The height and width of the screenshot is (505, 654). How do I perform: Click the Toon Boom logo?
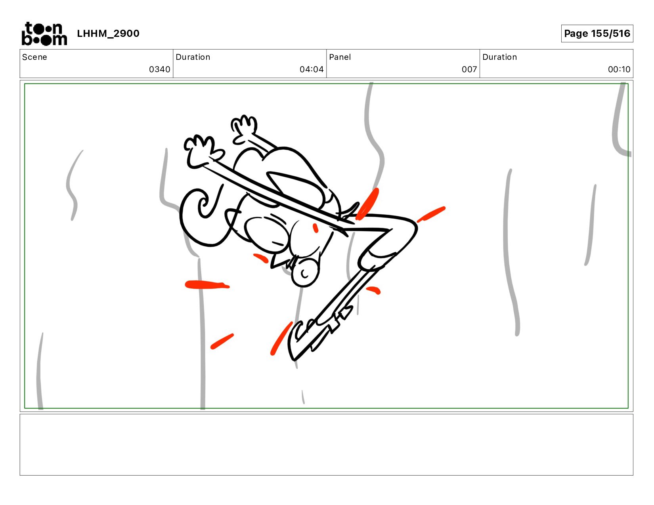44,34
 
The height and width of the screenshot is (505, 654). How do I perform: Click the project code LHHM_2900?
108,33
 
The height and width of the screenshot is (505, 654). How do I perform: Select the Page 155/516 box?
597,33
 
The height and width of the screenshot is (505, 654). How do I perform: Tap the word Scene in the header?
34,57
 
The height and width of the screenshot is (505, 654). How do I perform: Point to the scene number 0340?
159,69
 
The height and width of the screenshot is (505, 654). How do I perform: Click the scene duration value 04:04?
312,69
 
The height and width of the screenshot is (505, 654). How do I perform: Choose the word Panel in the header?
340,57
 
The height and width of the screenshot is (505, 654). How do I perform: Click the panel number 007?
469,69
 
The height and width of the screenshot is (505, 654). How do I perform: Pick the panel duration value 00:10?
619,69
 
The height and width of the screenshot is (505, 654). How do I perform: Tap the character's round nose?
304,273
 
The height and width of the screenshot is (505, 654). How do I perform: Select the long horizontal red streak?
207,284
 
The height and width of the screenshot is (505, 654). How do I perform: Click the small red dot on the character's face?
316,228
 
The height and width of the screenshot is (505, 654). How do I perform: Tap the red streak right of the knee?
431,214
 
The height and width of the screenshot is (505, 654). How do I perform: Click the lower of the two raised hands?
202,151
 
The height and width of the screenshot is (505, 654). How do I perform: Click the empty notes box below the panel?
327,445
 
